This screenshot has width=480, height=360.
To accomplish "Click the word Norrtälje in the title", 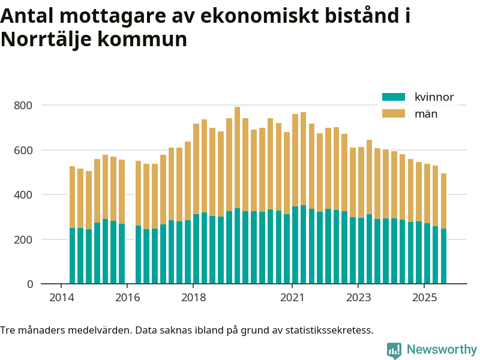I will (46, 40).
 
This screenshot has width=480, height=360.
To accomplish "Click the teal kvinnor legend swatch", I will (394, 97).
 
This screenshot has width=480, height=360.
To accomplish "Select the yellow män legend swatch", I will (394, 113).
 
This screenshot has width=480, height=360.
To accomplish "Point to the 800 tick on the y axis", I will (24, 106).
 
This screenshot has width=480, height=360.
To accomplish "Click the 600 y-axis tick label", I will (24, 150).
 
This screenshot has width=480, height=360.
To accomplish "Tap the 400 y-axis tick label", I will (24, 195).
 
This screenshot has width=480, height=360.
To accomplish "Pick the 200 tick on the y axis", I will (24, 239).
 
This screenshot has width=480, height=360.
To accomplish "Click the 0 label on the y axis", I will (29, 284).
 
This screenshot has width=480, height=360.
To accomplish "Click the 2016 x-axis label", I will (127, 298).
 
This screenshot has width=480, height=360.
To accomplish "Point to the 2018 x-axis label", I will (193, 298).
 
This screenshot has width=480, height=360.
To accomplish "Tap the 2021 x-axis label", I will (292, 298).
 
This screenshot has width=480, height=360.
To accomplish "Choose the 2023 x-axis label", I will (358, 298).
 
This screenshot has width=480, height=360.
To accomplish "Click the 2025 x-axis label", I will (424, 298).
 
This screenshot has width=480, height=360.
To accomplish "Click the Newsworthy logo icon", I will (394, 350).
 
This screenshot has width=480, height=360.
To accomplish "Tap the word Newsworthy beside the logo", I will (442, 350).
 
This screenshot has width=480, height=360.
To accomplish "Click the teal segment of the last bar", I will (444, 256).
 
